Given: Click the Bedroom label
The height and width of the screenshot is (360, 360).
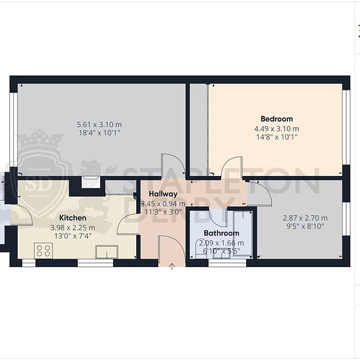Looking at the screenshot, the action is (277, 119).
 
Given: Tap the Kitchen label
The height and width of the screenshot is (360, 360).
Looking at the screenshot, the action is (73, 218).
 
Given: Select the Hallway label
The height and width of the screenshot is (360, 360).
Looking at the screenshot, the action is (163, 194).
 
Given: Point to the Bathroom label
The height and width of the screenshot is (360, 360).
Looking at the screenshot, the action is (221, 233).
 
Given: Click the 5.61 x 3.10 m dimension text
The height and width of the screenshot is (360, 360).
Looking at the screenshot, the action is (99, 124).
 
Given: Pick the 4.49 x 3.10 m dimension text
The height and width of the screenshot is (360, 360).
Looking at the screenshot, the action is (276, 129).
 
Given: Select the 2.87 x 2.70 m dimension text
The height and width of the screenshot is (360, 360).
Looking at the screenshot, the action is (305, 218).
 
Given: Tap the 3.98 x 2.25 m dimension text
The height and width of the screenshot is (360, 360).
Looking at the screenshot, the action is (73, 228).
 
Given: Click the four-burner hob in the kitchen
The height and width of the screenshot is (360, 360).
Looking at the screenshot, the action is (43, 251).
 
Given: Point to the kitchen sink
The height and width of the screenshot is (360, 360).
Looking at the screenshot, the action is (107, 252).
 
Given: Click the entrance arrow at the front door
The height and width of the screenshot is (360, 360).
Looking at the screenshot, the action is (171, 266).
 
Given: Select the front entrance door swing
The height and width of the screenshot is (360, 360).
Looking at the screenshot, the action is (172, 250).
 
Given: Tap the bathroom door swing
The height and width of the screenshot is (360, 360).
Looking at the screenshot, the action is (218, 217).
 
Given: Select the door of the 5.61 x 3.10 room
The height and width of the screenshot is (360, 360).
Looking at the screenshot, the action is (173, 166).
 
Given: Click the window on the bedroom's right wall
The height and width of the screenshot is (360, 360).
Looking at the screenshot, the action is (346, 127).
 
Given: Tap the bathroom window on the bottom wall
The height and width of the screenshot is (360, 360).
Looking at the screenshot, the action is (227, 263).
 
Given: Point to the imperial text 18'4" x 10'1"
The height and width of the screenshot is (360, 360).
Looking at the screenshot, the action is (99, 133).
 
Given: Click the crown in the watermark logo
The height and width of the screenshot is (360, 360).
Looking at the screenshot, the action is (40, 139).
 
